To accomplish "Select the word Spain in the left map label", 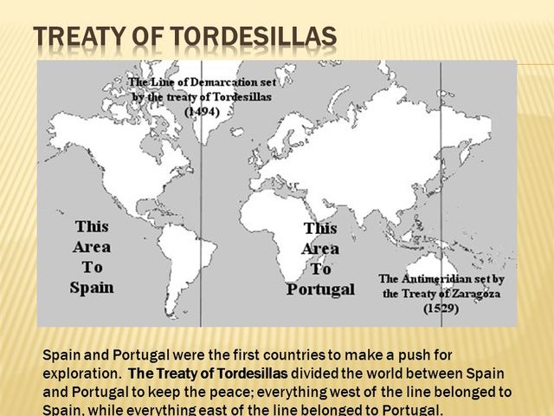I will click(92, 287).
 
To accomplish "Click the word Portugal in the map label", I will click(320, 289).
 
